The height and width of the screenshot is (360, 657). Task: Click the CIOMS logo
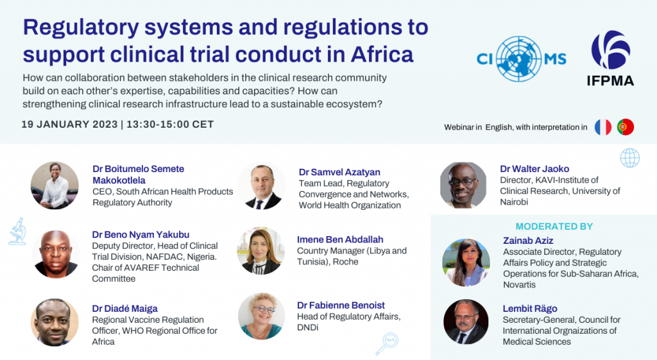[x=522, y=59]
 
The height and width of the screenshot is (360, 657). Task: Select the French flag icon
[x=602, y=127]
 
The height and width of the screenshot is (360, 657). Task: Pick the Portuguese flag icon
[x=626, y=127]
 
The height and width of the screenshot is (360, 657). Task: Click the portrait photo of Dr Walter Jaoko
[x=463, y=185]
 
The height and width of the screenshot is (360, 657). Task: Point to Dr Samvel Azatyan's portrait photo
[x=262, y=186]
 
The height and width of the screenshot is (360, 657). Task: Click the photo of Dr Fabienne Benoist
[x=261, y=316]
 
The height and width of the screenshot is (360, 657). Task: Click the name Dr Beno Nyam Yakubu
[x=141, y=235]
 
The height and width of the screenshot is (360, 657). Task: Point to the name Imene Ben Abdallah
[x=340, y=240]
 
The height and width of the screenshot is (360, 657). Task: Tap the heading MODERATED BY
[x=554, y=227]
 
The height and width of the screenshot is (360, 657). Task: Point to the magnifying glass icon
[x=387, y=343]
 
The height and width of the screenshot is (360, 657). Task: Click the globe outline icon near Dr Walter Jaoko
[x=629, y=157]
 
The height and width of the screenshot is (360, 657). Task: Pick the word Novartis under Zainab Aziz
[x=520, y=284]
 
